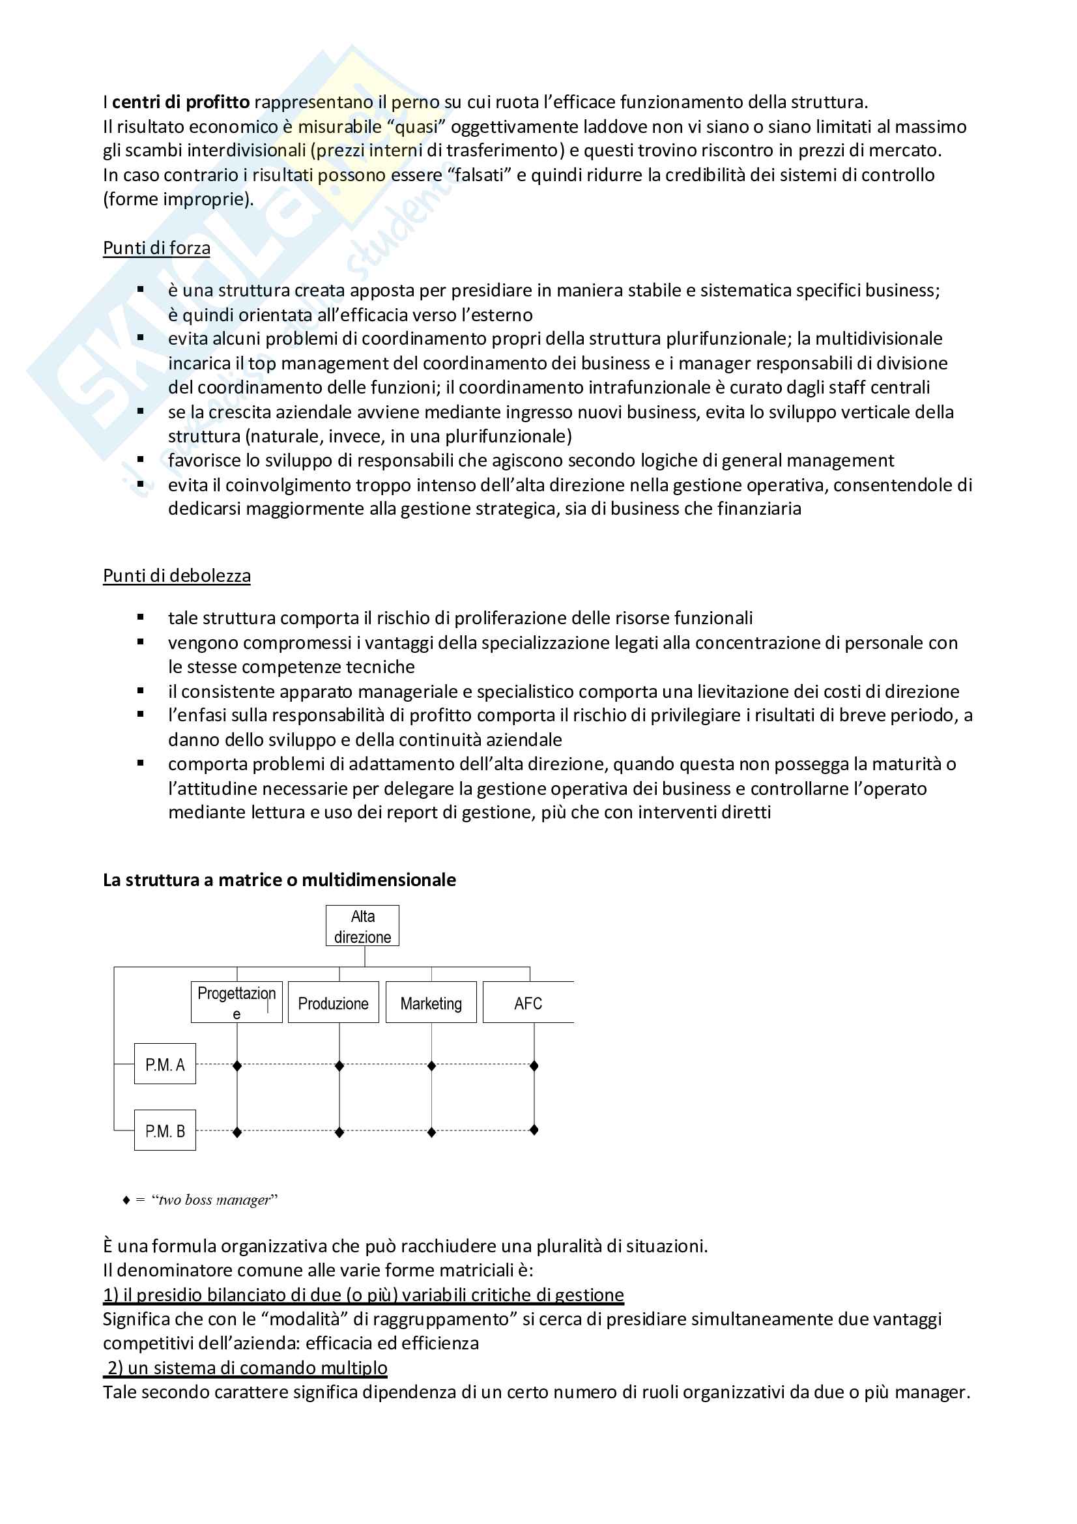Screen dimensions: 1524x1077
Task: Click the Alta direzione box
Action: pyautogui.click(x=362, y=926)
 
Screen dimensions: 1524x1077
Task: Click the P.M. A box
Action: pyautogui.click(x=165, y=1064)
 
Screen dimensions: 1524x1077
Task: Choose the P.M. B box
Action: pyautogui.click(x=165, y=1130)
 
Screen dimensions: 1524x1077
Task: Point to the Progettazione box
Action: pyautogui.click(x=237, y=1002)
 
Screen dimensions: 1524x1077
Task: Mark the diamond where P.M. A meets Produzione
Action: pyautogui.click(x=339, y=1066)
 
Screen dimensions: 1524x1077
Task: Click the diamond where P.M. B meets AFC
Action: pyautogui.click(x=534, y=1130)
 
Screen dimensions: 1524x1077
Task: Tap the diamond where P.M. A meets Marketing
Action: pyautogui.click(x=431, y=1066)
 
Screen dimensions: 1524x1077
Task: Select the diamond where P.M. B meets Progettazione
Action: pyautogui.click(x=237, y=1132)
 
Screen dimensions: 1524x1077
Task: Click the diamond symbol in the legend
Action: pyautogui.click(x=126, y=1200)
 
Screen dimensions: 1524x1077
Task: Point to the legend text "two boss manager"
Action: pyautogui.click(x=214, y=1200)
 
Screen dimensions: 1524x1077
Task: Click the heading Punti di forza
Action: pyautogui.click(x=156, y=248)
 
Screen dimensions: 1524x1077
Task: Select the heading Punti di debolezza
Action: pyautogui.click(x=177, y=575)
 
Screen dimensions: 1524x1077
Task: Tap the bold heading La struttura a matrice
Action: pyautogui.click(x=280, y=880)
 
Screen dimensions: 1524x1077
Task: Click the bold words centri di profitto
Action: pyautogui.click(x=180, y=102)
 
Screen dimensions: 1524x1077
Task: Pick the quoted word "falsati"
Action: pyautogui.click(x=477, y=175)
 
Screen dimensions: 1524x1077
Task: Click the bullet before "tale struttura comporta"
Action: pyautogui.click(x=141, y=617)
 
